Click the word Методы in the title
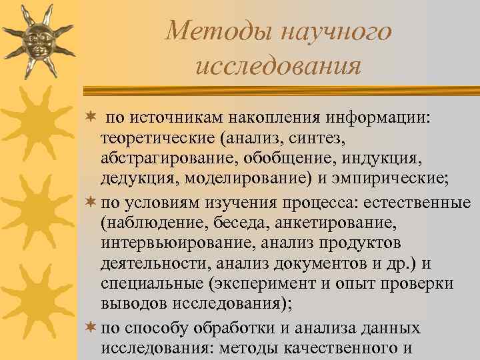point(213,31)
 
